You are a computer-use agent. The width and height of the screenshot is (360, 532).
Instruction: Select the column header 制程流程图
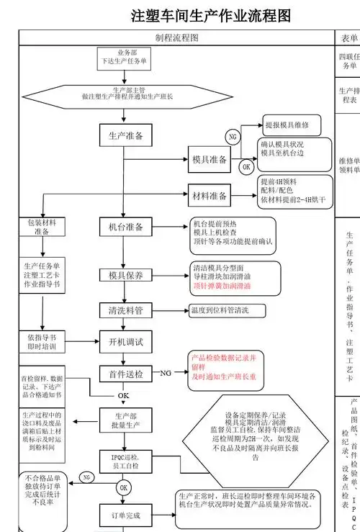(176, 38)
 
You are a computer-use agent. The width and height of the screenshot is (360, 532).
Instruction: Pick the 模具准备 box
(210, 160)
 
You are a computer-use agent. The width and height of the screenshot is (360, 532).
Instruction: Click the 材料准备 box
(210, 195)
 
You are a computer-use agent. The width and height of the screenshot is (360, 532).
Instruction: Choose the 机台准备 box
(126, 227)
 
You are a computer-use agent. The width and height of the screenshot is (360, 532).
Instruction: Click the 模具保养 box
(126, 275)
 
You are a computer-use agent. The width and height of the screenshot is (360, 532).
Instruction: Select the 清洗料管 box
(126, 311)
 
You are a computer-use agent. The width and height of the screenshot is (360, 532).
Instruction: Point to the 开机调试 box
(126, 341)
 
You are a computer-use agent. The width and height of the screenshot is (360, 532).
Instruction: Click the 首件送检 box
(126, 374)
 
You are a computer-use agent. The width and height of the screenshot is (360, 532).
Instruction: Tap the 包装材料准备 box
(42, 227)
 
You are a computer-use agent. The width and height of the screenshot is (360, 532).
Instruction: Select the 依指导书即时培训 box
(42, 342)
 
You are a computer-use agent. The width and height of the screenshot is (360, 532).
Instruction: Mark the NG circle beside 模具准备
(232, 137)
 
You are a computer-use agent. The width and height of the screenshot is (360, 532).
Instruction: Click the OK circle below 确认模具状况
(246, 167)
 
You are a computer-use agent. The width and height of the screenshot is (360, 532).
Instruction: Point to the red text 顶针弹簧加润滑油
(222, 286)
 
